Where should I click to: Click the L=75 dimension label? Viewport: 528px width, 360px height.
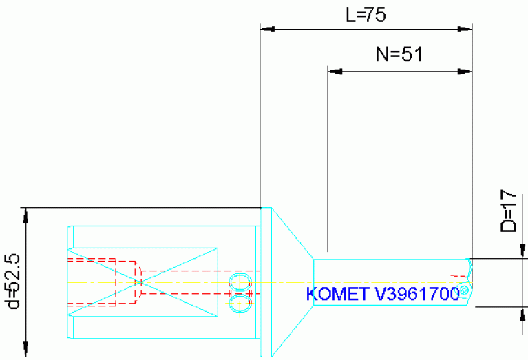pyautogui.click(x=365, y=15)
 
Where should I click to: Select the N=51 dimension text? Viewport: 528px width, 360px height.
pyautogui.click(x=398, y=55)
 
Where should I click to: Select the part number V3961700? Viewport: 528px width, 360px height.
pyautogui.click(x=417, y=295)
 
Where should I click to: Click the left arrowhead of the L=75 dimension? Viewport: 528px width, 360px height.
pyautogui.click(x=267, y=29)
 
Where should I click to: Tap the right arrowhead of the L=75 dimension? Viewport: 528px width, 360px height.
pyautogui.click(x=465, y=29)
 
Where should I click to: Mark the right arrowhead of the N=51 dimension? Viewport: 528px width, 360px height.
pyautogui.click(x=465, y=70)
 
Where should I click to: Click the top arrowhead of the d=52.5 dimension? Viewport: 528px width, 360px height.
pyautogui.click(x=25, y=214)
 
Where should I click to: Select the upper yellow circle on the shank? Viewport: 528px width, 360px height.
pyautogui.click(x=239, y=280)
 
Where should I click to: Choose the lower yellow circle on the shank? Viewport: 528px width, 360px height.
pyautogui.click(x=239, y=303)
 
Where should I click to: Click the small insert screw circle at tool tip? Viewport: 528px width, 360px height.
pyautogui.click(x=465, y=291)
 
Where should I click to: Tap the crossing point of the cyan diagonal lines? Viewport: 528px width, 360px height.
pyautogui.click(x=140, y=282)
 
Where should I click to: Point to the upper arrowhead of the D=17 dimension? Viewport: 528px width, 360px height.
pyautogui.click(x=522, y=252)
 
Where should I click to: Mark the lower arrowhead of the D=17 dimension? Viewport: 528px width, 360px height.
pyautogui.click(x=522, y=315)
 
